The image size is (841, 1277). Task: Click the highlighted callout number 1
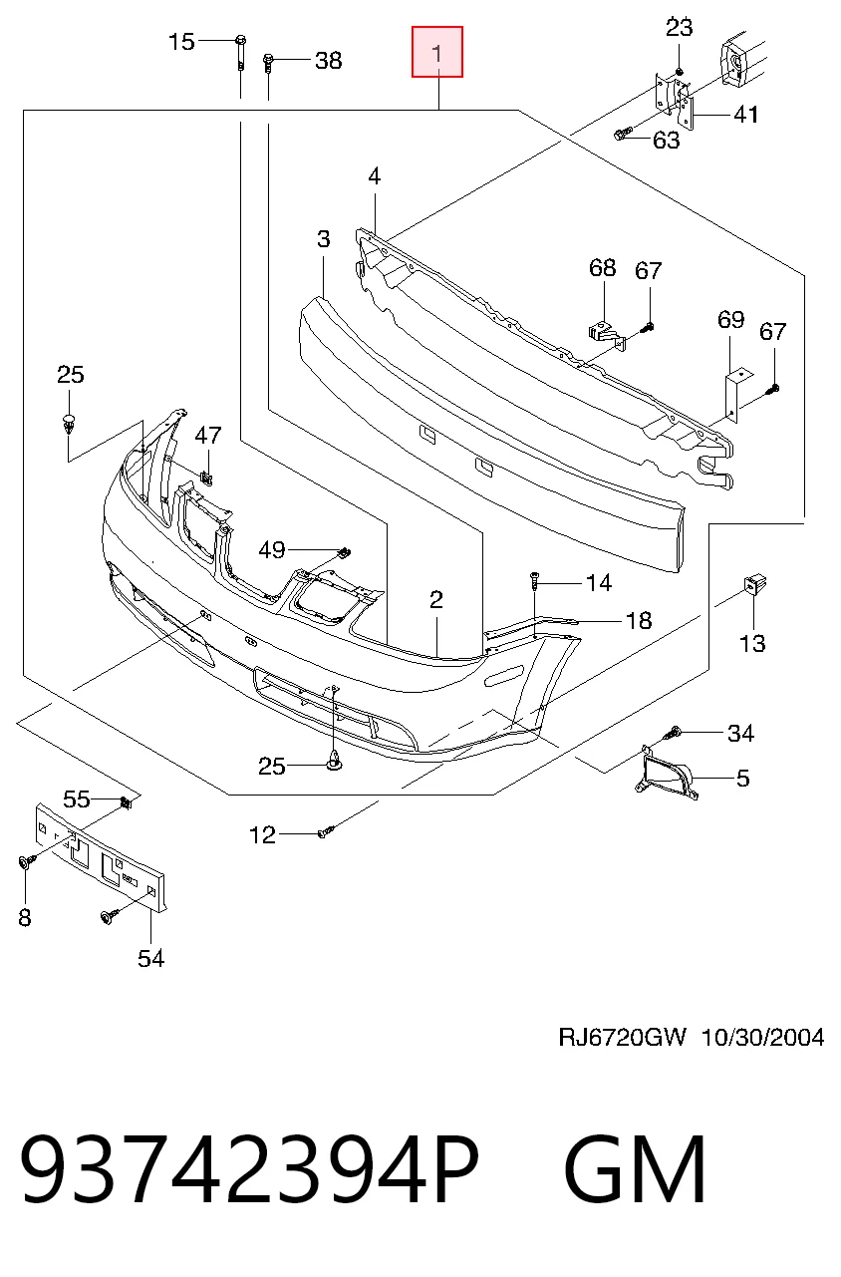pos(437,54)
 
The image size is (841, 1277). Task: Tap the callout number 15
pos(181,42)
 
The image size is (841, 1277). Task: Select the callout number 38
pos(329,61)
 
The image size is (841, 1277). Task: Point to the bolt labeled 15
pos(240,53)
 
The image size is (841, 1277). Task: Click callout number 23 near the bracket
pos(680,27)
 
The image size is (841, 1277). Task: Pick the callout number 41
pos(746,115)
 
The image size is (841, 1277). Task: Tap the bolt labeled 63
pos(621,135)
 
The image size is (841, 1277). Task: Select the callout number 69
pos(731,320)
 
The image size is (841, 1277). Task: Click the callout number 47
pos(208,436)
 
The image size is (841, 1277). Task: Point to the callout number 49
pos(272,550)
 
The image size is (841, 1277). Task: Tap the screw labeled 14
pos(534,580)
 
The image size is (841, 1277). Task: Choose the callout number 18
pos(639,621)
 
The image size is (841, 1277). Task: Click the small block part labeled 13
pos(754,585)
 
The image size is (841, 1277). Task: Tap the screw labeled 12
pos(326,831)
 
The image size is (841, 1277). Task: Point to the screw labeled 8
pos(26,861)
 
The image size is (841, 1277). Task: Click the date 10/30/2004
pos(763,1038)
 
